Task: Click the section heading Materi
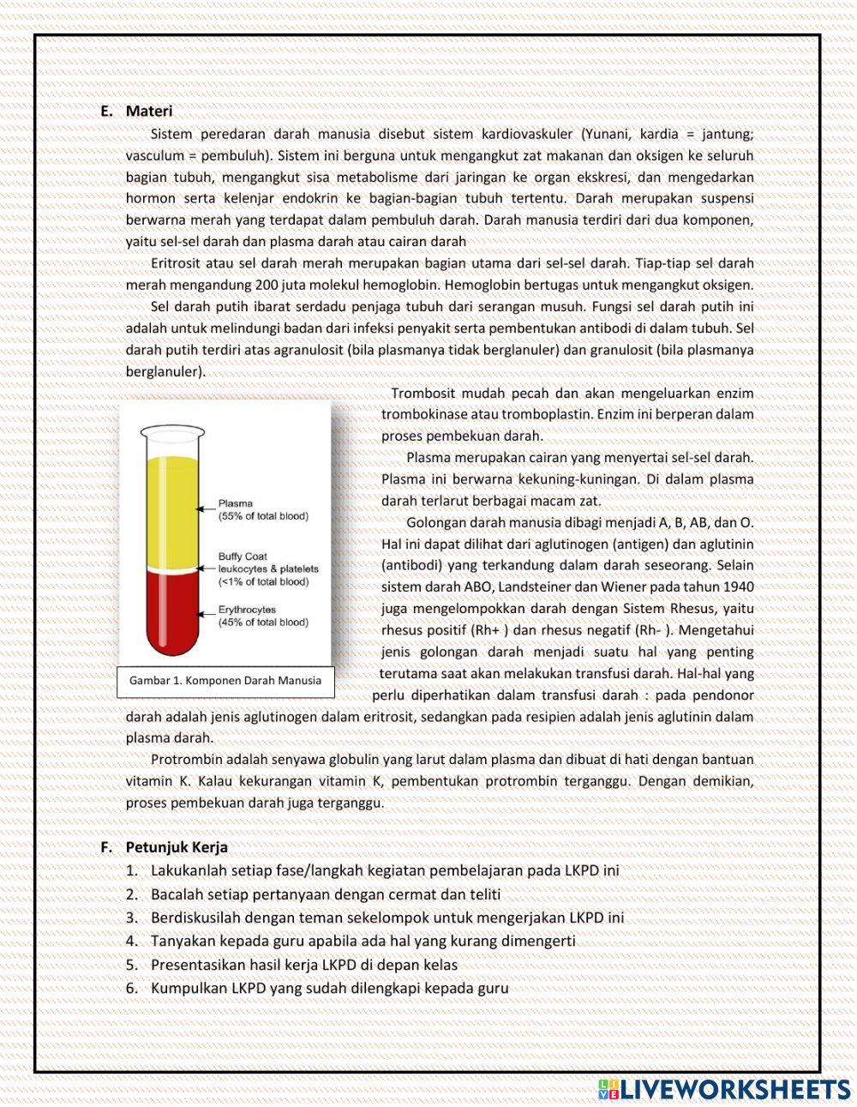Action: pos(148,111)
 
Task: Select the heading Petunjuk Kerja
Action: pos(177,847)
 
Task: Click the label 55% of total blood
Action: pos(263,516)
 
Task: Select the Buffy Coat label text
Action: pos(243,557)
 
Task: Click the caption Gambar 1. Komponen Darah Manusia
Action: pos(225,681)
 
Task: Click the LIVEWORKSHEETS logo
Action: pos(724,1088)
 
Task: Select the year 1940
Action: pos(738,587)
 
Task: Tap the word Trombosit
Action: pos(423,394)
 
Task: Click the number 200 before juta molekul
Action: pos(267,285)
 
